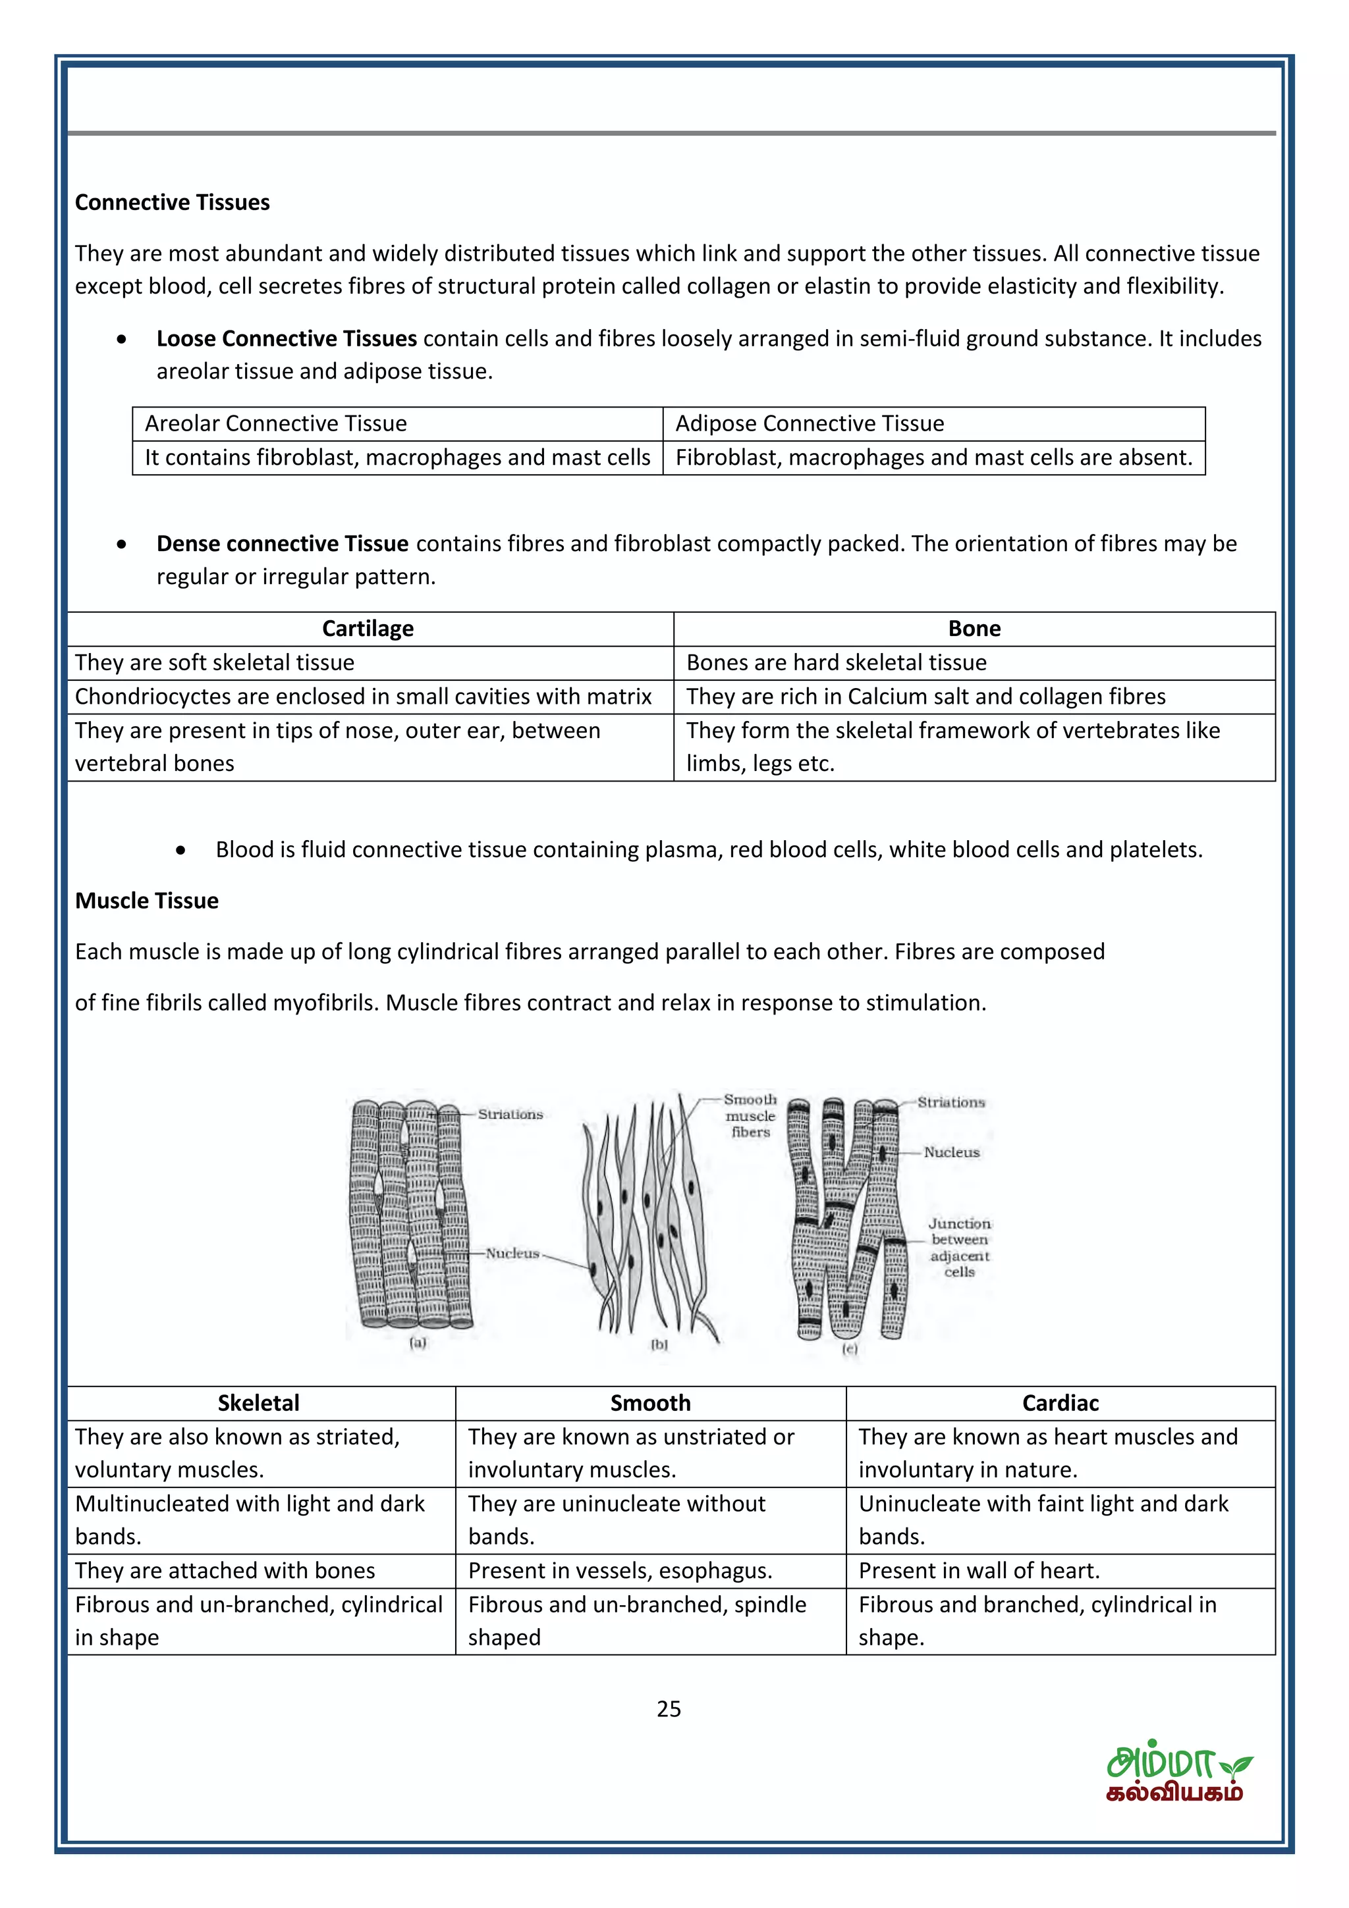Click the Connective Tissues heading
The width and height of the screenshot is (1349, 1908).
click(172, 203)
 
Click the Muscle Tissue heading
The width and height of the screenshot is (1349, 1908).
click(146, 901)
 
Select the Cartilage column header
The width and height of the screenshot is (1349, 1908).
click(368, 629)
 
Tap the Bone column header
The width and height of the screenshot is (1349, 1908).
click(974, 629)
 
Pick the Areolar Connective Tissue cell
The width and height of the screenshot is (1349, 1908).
click(275, 424)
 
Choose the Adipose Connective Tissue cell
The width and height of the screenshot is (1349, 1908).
click(810, 424)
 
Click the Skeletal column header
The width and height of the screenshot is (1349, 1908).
click(258, 1404)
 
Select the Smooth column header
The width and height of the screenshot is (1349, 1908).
click(650, 1404)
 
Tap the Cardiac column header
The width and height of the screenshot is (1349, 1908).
click(1060, 1404)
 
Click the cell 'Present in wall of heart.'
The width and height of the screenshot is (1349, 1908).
click(978, 1571)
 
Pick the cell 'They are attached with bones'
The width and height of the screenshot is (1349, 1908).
click(225, 1571)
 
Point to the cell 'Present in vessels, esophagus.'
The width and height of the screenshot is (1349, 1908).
click(620, 1571)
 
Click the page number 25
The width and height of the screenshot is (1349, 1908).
click(669, 1709)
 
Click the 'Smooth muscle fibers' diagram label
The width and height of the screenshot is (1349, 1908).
click(750, 1116)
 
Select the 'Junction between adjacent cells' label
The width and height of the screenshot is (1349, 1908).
click(959, 1248)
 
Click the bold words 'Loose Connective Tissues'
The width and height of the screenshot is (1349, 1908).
click(286, 339)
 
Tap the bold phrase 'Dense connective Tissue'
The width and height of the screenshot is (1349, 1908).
click(282, 544)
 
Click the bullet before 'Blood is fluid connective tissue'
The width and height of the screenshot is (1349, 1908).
click(180, 850)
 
